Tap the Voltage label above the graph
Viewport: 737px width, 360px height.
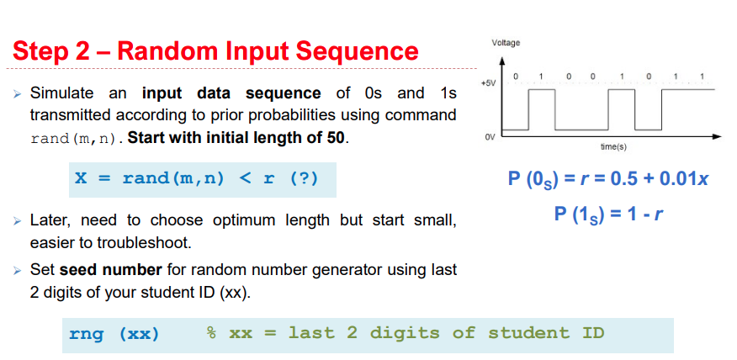coord(506,43)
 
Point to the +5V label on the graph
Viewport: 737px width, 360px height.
coord(487,84)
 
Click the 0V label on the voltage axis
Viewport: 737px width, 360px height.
coord(490,134)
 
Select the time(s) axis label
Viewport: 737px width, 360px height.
coord(612,146)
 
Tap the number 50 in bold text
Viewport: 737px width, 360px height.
coord(336,137)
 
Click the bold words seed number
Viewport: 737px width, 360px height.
coord(109,270)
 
